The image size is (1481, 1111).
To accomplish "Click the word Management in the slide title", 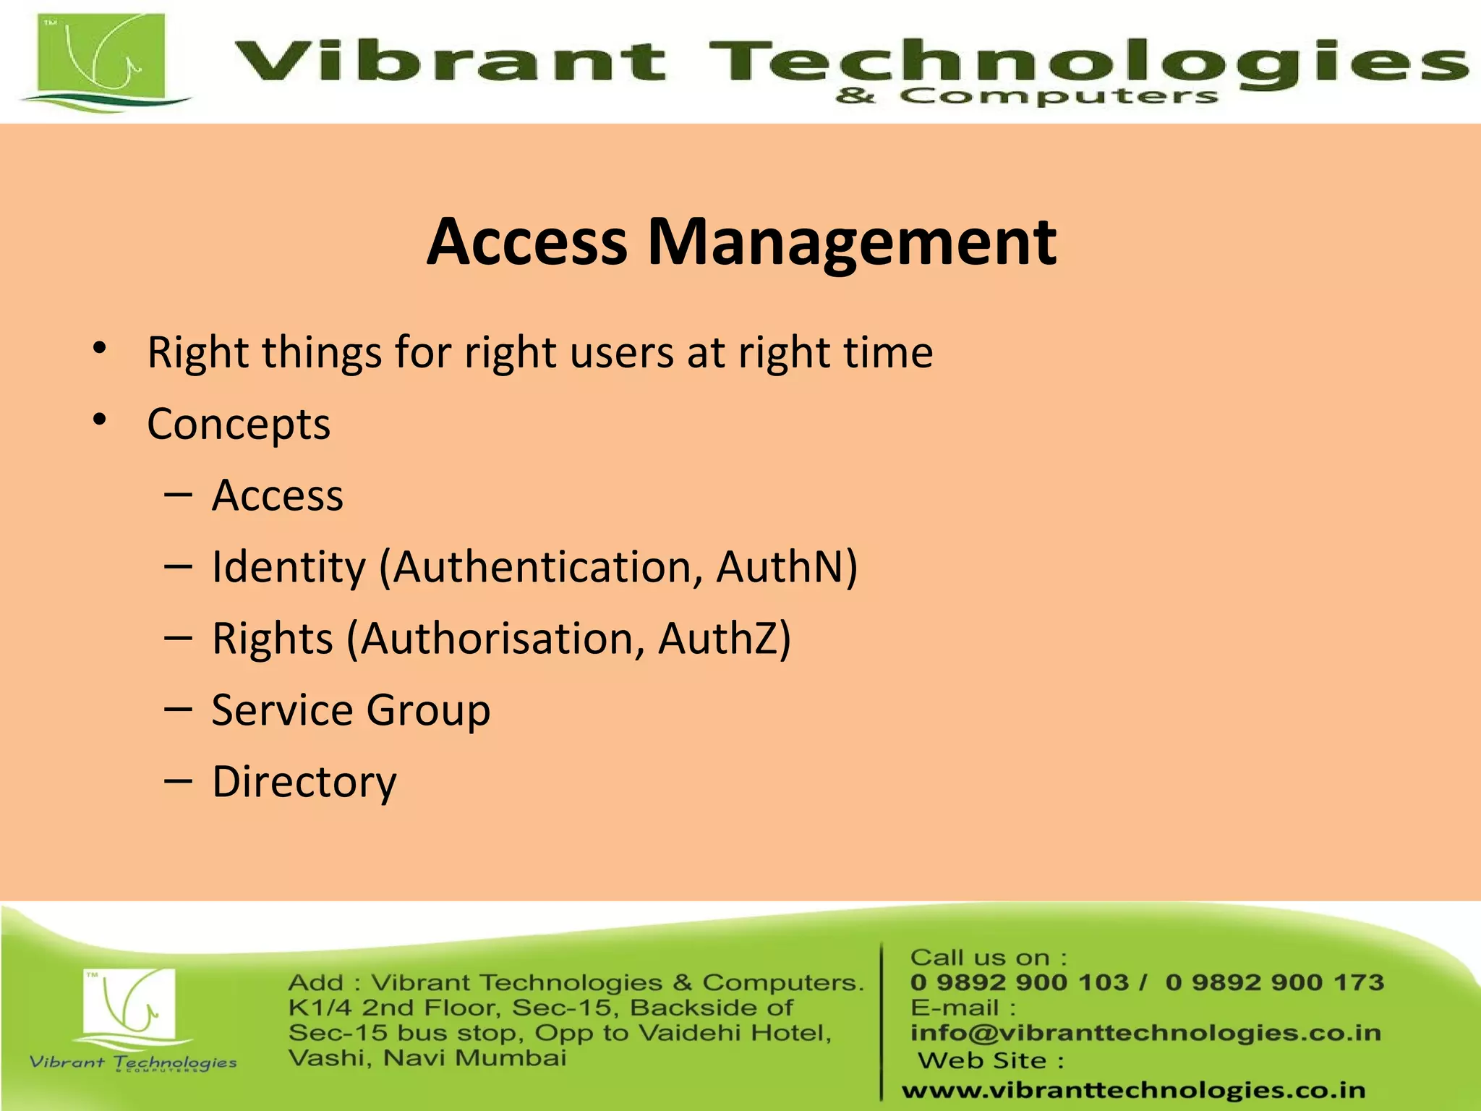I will (x=851, y=242).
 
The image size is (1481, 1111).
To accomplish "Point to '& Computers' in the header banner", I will (x=1026, y=96).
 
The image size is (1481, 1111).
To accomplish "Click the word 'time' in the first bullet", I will (x=891, y=352).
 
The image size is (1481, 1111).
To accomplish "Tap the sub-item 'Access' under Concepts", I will (x=277, y=495).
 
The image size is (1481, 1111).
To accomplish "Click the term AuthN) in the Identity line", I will (x=787, y=566).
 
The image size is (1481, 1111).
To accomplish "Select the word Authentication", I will (x=541, y=566).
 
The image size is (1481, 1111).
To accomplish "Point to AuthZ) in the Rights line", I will (x=725, y=639).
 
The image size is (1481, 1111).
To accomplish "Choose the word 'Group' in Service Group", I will (x=428, y=710).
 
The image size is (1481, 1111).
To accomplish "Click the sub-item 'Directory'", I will (x=304, y=782).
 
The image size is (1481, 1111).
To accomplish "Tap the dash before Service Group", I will (x=178, y=710).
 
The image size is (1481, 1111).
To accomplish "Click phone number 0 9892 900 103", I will (x=1019, y=982).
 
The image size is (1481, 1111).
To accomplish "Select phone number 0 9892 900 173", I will (x=1275, y=982).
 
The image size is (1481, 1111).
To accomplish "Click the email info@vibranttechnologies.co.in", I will (x=1145, y=1033).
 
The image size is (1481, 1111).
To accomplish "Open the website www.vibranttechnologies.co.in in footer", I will (x=1133, y=1090).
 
